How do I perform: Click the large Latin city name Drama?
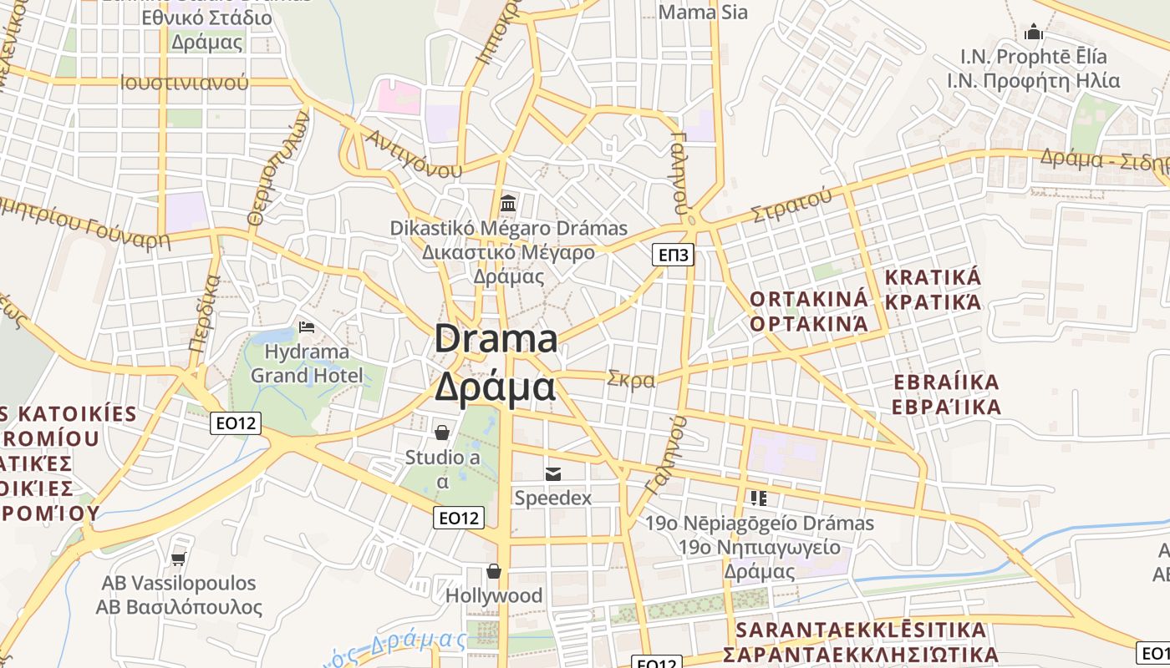point(496,340)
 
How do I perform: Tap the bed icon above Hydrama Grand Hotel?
point(307,326)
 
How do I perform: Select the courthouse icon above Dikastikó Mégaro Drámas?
point(508,203)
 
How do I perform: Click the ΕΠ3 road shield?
point(673,255)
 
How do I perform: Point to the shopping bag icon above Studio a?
point(442,432)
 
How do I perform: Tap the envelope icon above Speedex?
point(552,473)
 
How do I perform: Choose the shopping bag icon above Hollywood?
point(494,571)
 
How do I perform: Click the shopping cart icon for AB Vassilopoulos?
point(178,558)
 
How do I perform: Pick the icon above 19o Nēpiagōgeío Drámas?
point(759,498)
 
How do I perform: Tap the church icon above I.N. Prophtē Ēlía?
point(1034,33)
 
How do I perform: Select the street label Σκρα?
point(632,379)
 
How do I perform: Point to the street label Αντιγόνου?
point(414,154)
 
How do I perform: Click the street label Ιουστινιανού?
point(184,83)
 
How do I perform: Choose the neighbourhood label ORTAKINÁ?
point(809,300)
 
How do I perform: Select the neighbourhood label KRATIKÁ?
point(933,278)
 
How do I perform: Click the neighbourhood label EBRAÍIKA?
point(946,382)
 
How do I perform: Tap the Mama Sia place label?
point(703,12)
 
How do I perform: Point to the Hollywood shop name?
point(494,595)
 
